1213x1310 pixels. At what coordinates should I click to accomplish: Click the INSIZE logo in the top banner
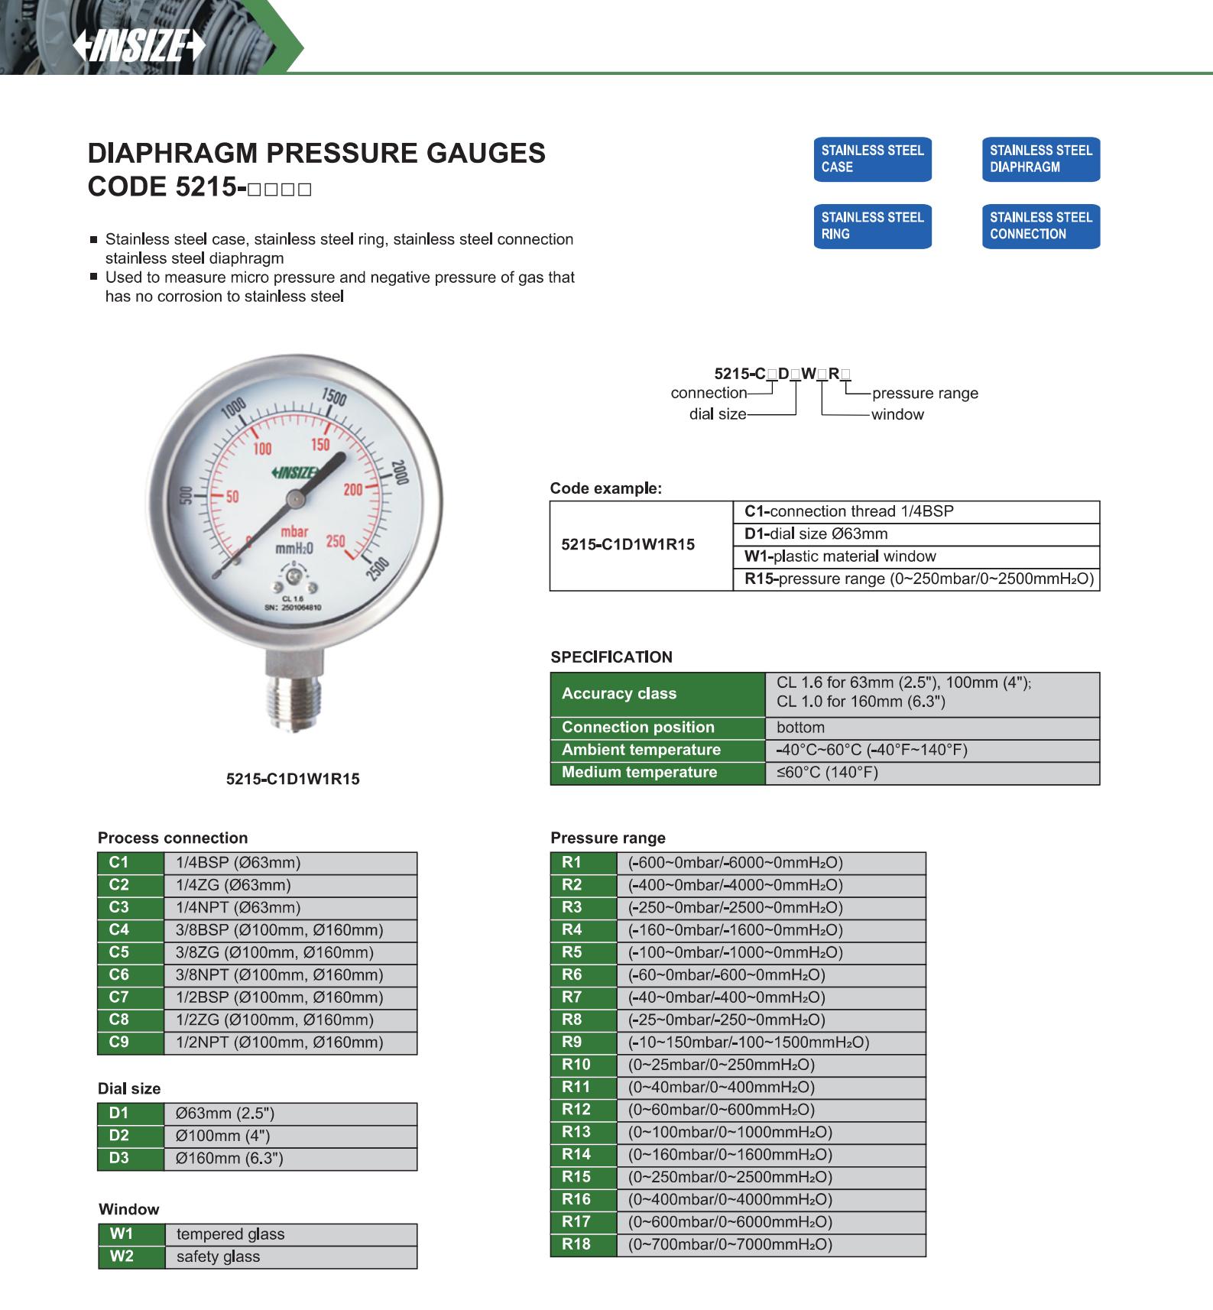coord(139,47)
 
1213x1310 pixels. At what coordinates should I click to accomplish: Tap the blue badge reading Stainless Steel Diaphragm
coord(1040,159)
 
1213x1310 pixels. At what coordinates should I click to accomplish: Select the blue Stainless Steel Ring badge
coord(872,226)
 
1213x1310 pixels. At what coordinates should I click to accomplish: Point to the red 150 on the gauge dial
coord(320,445)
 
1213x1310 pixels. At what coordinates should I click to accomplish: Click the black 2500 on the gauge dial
coord(377,570)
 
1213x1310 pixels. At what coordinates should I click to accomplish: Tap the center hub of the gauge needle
coord(294,500)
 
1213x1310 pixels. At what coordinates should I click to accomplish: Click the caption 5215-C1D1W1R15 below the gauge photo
coord(293,780)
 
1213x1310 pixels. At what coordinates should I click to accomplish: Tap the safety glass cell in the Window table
coord(290,1257)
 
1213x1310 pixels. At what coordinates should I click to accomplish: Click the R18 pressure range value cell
coord(770,1244)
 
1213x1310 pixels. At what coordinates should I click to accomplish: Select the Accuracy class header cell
coord(657,694)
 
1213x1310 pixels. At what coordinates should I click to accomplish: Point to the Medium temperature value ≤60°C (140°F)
coord(932,773)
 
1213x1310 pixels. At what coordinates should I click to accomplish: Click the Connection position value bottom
coord(932,728)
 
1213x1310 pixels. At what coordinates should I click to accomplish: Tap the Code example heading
coord(605,488)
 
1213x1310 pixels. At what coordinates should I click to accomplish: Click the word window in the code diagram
coord(897,414)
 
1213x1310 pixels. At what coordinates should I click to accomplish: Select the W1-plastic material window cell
coord(916,556)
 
